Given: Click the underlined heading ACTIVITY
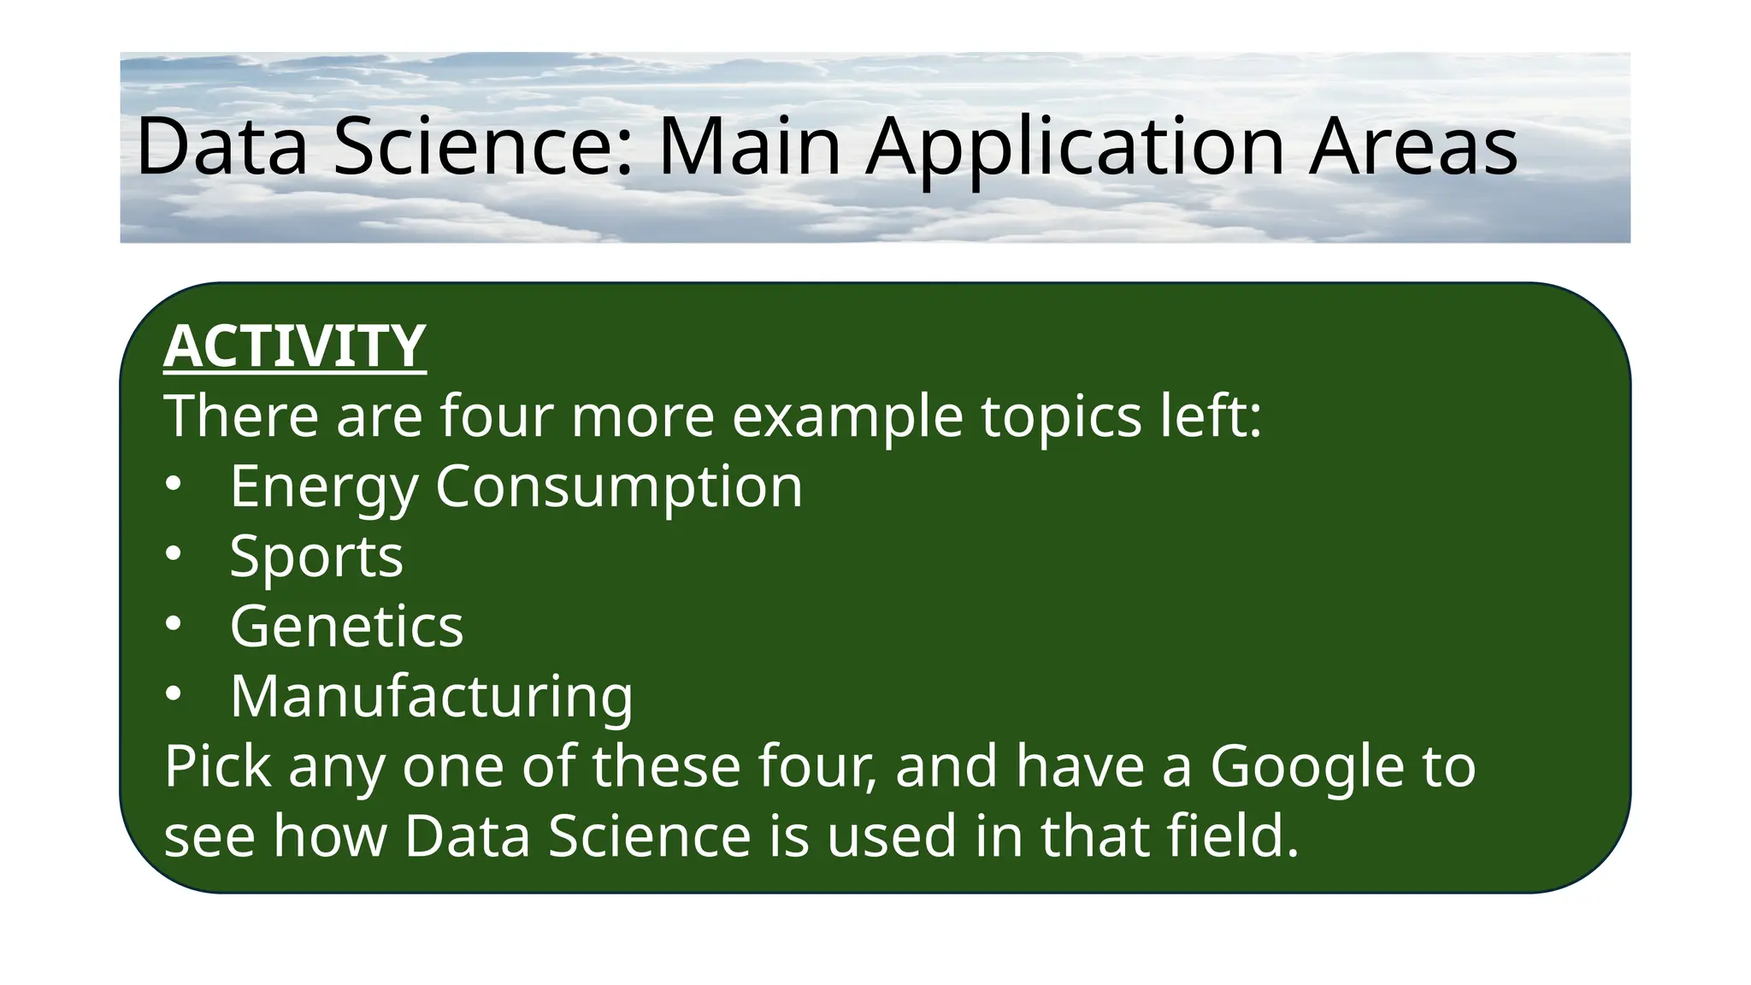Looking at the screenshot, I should tap(294, 346).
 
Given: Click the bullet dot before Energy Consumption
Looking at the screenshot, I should tap(174, 485).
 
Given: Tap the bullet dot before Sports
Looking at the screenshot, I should tap(174, 555).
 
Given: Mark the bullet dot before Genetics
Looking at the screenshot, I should tap(174, 625).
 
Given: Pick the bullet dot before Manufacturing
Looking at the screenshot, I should tap(174, 695).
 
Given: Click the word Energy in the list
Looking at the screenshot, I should tap(324, 487).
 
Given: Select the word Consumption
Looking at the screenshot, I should tap(619, 487).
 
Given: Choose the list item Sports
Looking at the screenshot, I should tap(316, 557).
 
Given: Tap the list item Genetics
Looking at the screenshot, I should tap(346, 627).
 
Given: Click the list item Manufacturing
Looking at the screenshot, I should tap(432, 697).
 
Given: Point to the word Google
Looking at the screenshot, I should tap(1306, 767).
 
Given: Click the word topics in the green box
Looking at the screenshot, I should tap(1061, 417).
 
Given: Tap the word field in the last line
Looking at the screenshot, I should tap(1232, 836).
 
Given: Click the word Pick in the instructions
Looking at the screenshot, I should tap(218, 767).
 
